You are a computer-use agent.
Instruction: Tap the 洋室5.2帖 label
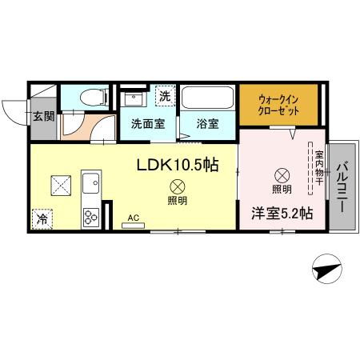[x=282, y=214]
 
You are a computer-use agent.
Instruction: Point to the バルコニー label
[x=340, y=186]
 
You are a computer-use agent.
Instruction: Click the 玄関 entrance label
[x=43, y=115]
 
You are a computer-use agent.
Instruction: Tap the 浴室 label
[x=208, y=124]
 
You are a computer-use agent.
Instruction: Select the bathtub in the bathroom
[x=207, y=98]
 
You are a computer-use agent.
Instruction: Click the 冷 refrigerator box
[x=42, y=217]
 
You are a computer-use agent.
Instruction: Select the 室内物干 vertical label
[x=318, y=168]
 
